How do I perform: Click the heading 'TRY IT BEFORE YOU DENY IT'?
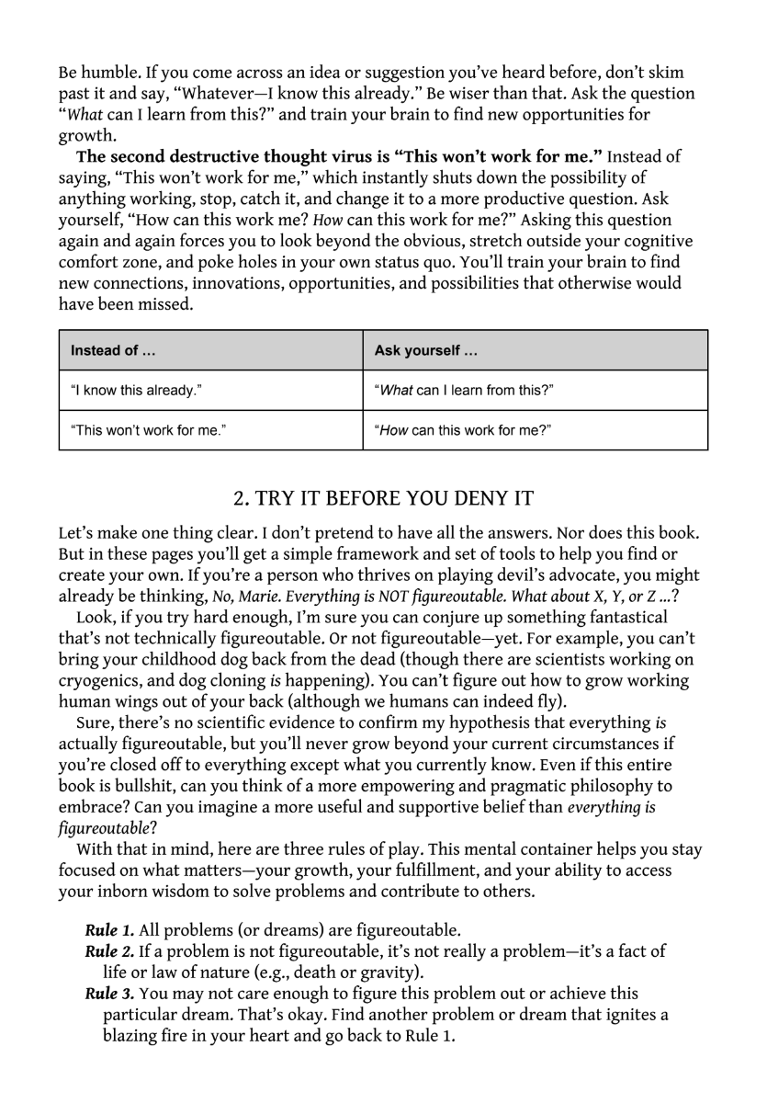383,498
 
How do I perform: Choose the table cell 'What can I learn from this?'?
463,390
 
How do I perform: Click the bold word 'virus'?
357,157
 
